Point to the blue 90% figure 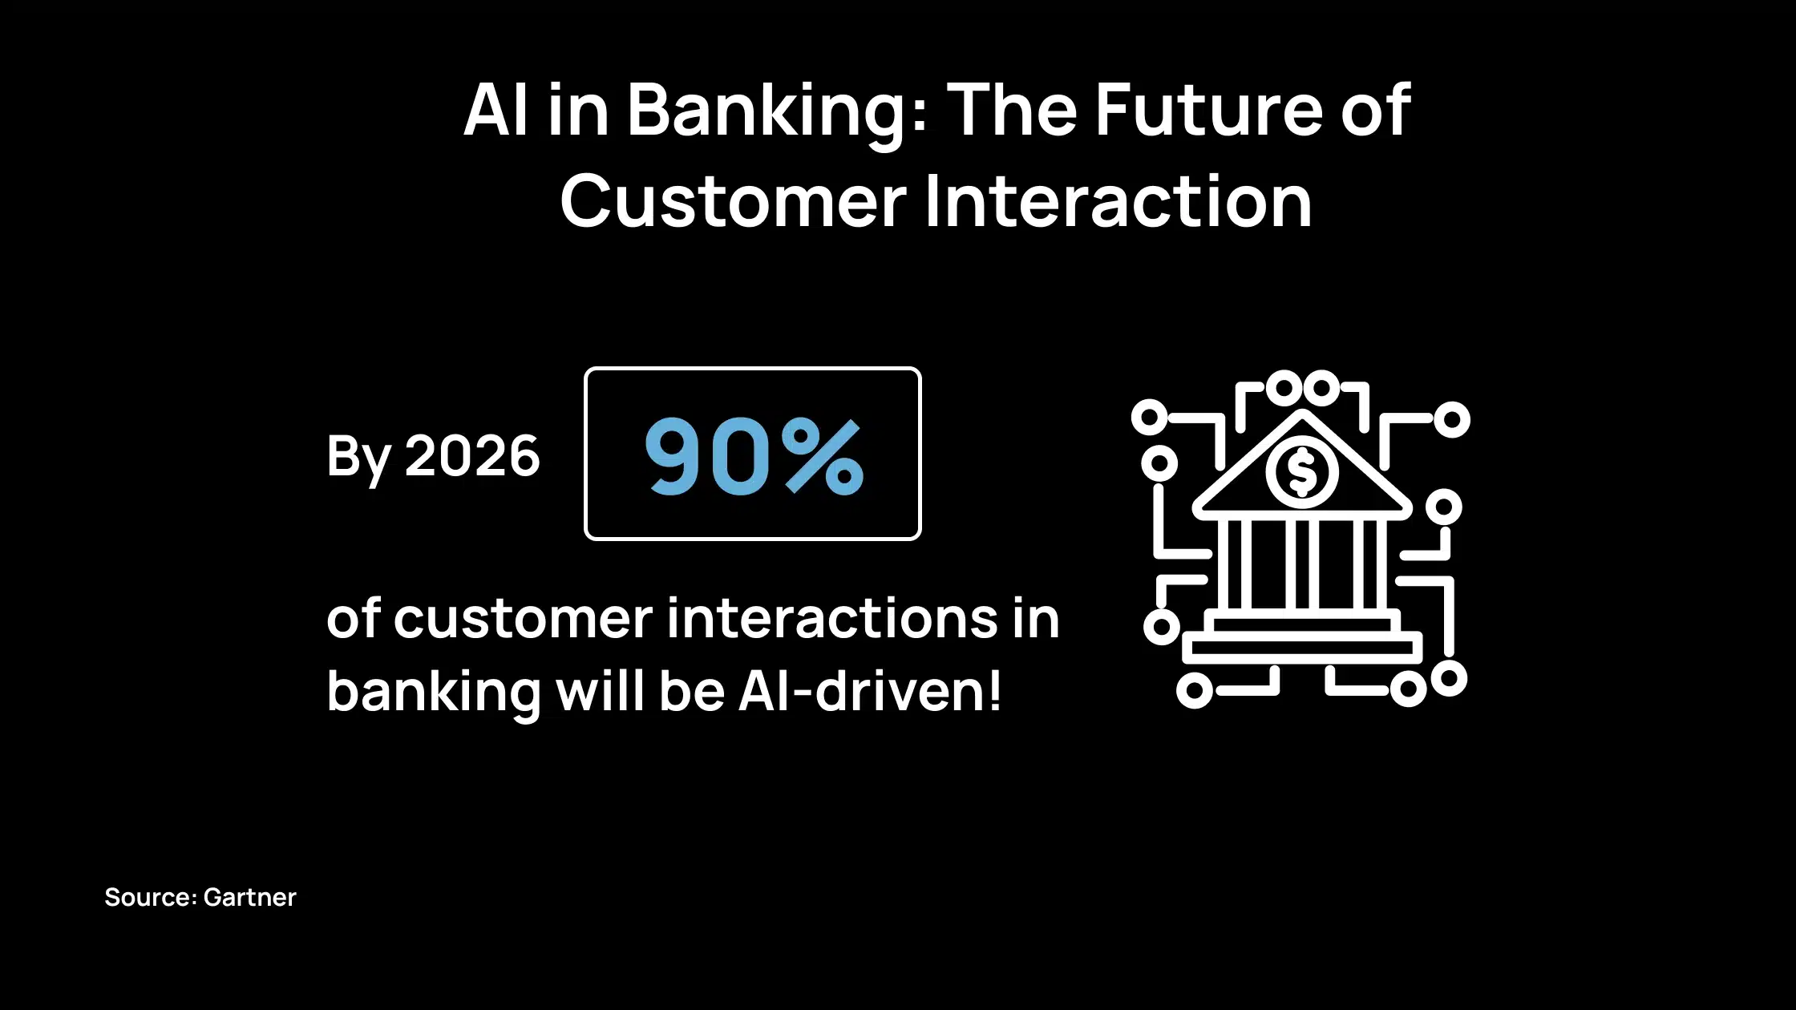coord(754,456)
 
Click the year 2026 coord(472,455)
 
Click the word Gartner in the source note coord(249,897)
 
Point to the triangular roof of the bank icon coord(1302,463)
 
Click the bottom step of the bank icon coord(1303,647)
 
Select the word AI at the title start coord(496,110)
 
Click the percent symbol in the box coord(823,456)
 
